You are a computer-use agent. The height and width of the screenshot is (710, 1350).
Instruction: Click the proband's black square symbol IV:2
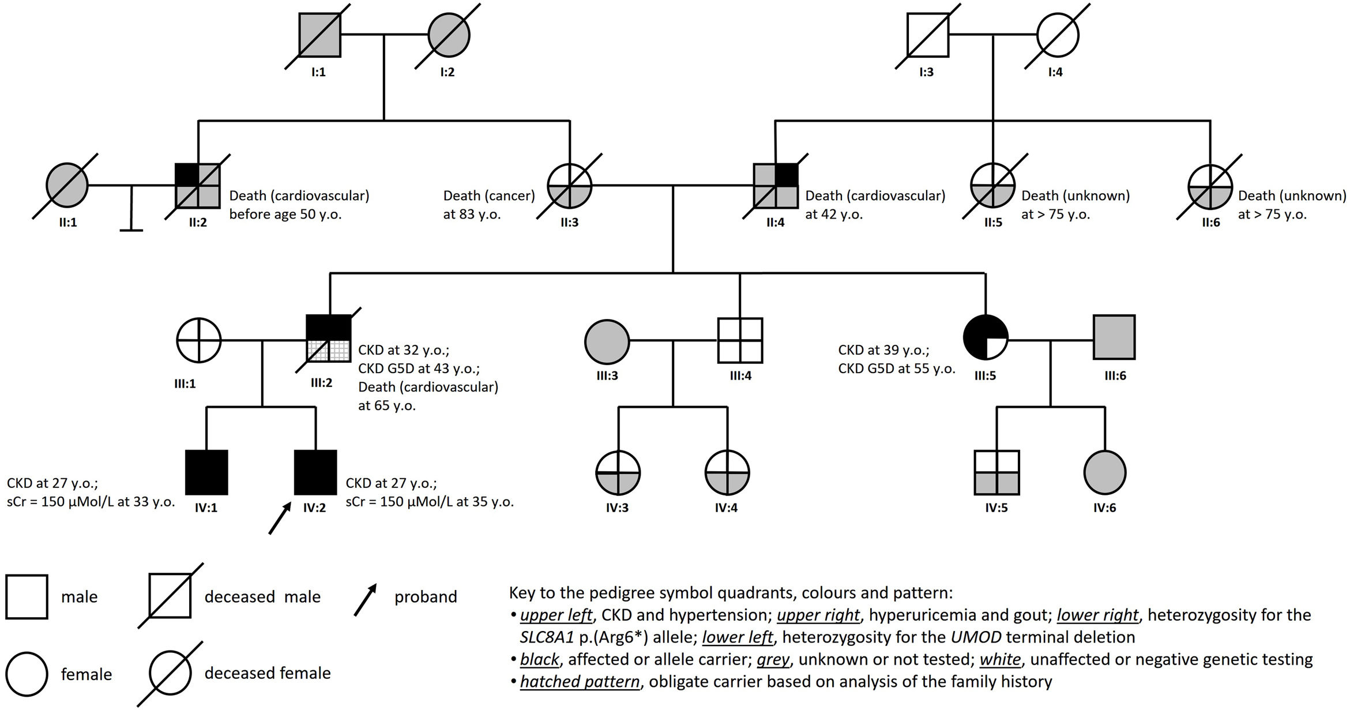click(315, 472)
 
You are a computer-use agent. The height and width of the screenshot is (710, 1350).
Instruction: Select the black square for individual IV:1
click(206, 472)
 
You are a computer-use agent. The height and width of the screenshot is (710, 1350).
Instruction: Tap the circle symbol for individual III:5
click(986, 337)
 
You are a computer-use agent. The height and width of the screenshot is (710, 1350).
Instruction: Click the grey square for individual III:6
click(1114, 337)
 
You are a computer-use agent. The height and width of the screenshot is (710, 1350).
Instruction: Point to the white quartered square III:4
click(740, 340)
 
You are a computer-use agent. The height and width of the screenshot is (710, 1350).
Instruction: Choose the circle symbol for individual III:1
click(199, 340)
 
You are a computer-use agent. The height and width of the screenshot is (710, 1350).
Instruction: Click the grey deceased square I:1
click(319, 35)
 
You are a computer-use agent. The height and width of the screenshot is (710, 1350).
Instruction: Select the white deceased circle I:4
click(1058, 35)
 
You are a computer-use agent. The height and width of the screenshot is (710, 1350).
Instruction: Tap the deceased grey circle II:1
click(67, 186)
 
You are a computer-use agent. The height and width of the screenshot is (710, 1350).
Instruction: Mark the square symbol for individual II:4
click(776, 186)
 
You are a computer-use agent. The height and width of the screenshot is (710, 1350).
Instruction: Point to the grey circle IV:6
click(1105, 472)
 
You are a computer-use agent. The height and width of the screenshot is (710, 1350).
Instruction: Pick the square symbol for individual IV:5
click(996, 472)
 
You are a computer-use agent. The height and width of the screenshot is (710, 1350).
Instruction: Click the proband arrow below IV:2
click(279, 517)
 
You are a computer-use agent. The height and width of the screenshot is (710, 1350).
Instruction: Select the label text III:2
click(321, 382)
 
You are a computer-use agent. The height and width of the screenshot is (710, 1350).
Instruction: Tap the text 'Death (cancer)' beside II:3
click(489, 196)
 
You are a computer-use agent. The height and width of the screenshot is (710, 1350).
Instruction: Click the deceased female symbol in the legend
click(171, 674)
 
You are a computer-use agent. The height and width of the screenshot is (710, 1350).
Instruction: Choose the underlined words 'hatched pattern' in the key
click(580, 682)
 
